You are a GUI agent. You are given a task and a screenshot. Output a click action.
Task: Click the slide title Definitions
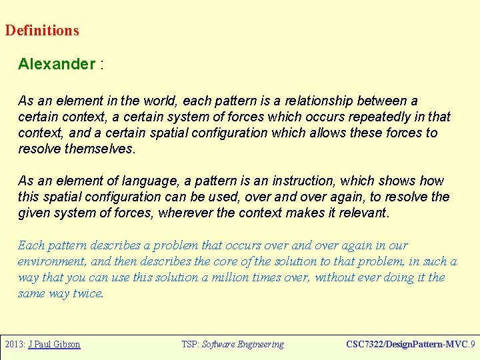click(42, 31)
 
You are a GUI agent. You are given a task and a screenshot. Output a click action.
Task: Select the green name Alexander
click(57, 65)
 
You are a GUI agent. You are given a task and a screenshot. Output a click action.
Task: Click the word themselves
click(100, 149)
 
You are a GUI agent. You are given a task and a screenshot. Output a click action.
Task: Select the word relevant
click(363, 213)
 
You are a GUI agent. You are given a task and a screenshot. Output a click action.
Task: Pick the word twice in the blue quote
click(89, 293)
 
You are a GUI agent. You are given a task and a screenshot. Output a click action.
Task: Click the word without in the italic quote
click(337, 277)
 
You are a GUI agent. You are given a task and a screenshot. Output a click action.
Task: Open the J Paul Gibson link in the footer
click(54, 345)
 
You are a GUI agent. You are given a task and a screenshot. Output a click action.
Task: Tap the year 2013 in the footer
click(14, 345)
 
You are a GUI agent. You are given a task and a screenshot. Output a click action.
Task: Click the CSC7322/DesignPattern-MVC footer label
click(406, 345)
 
